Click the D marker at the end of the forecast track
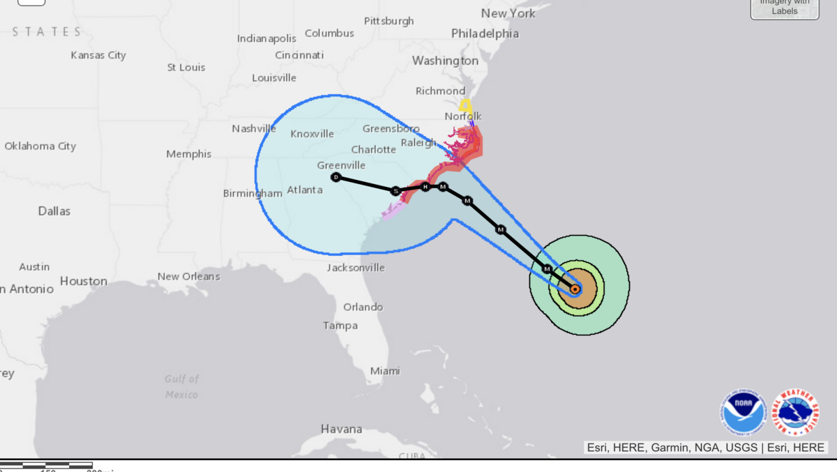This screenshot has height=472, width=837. coord(336,177)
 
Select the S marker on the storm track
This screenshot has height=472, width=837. coord(395,190)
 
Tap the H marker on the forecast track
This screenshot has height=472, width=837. coord(425,186)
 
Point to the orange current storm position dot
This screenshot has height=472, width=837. coord(575,289)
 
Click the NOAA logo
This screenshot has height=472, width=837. coord(744,413)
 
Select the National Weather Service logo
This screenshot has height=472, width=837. coord(796,413)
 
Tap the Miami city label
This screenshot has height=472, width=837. coord(385,371)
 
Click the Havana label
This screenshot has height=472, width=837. coord(341,429)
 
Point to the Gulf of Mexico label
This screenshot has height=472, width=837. coord(181,386)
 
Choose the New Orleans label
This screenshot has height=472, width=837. coord(188,276)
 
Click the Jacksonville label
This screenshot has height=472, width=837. coord(356,268)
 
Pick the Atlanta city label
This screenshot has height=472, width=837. coord(305,189)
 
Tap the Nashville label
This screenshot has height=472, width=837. coord(254,128)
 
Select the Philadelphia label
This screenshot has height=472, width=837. coord(485,33)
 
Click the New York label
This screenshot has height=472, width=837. coord(508,13)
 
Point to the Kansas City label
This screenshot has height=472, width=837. coord(98,55)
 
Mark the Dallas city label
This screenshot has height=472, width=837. coord(54,211)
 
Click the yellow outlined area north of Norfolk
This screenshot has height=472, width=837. coord(465,106)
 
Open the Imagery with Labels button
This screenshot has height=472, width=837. coord(785,8)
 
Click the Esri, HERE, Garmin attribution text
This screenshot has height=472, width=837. coord(704,448)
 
